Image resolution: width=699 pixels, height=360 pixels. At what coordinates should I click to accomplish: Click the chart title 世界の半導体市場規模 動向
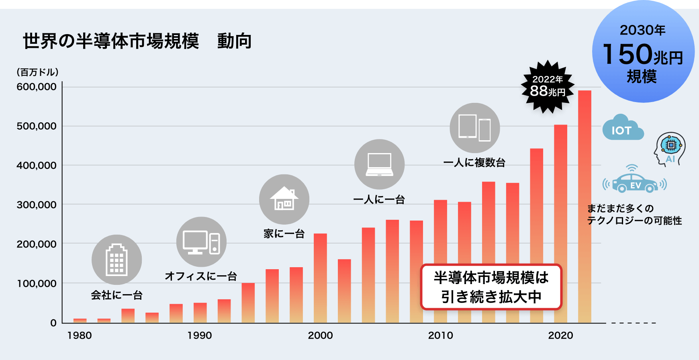pos(137,41)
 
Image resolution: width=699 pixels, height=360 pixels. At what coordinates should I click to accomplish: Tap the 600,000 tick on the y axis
pos(37,87)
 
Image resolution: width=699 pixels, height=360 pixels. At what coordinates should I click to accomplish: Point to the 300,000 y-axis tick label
pos(37,205)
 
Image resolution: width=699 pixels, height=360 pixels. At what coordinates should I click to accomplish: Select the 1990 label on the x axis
pos(200,335)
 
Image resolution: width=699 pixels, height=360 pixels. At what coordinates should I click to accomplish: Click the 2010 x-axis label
pos(440,335)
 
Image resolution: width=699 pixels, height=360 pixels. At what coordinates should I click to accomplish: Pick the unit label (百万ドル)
pos(38,72)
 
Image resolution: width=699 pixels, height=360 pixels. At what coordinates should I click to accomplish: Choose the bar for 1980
pos(80,321)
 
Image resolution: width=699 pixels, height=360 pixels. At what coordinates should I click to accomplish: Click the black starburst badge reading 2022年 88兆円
pos(548,86)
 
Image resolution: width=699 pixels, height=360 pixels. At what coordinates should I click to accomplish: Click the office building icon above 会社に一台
pos(117,260)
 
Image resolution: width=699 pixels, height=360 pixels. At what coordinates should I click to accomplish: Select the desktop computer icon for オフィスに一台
pos(201,242)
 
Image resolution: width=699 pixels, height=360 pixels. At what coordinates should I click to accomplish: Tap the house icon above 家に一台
pos(284,199)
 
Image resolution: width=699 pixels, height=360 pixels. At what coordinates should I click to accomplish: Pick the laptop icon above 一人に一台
pos(379,164)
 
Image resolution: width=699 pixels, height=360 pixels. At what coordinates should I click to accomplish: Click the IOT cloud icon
pos(622,128)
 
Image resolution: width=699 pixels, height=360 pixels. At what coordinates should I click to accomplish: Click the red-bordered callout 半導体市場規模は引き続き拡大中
pos(491,287)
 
